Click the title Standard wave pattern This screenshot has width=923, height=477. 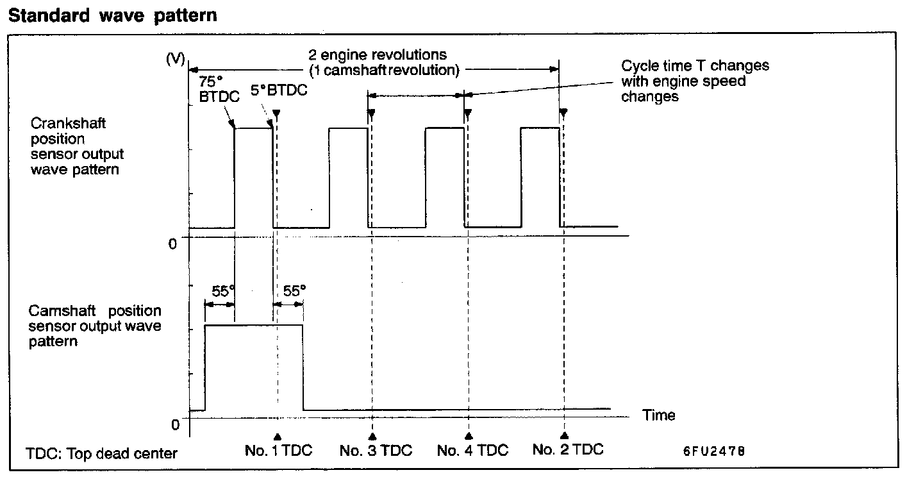coord(113,15)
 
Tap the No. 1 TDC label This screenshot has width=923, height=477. coord(278,450)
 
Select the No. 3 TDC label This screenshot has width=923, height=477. coord(376,450)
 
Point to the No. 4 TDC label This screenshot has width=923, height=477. coord(472,450)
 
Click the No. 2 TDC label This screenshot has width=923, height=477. coord(568,449)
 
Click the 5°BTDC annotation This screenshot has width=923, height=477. coord(278,90)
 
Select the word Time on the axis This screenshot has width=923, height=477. coord(659,415)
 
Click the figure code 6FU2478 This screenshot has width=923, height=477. coord(713,451)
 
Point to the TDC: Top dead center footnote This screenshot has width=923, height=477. coord(102,453)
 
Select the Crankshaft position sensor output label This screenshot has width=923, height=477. coord(78,146)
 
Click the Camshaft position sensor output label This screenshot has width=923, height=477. coord(95,326)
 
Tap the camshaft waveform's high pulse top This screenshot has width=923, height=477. coord(253,325)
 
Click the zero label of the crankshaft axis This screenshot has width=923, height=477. coord(172,244)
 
